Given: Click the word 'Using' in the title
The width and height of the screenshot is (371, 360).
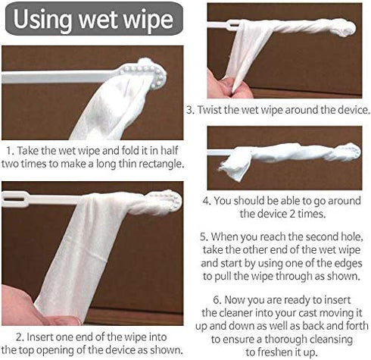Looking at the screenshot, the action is [42, 20].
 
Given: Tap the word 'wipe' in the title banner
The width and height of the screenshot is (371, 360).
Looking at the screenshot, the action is [148, 20].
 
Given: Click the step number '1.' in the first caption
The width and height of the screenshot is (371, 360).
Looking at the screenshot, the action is [10, 151].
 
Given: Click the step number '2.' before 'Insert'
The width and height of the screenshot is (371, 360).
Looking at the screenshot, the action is [20, 337].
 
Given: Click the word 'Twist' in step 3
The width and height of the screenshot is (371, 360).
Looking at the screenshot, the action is [207, 110].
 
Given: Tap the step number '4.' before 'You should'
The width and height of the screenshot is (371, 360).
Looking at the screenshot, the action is [207, 201].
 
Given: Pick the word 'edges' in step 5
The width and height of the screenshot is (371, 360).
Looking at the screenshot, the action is [348, 264].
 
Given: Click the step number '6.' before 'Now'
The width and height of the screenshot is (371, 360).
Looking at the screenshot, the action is [217, 300].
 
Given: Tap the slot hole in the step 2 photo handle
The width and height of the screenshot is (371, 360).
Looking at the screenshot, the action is [14, 199].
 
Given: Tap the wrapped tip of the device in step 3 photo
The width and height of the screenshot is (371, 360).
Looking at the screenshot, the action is [346, 27].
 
